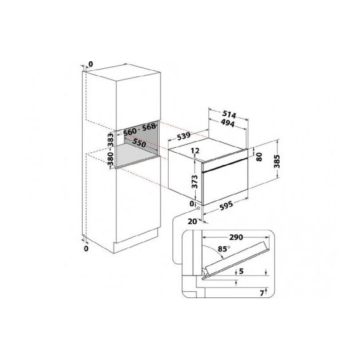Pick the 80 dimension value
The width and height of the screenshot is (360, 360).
point(258,155)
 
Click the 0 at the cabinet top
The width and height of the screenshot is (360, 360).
point(90,64)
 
